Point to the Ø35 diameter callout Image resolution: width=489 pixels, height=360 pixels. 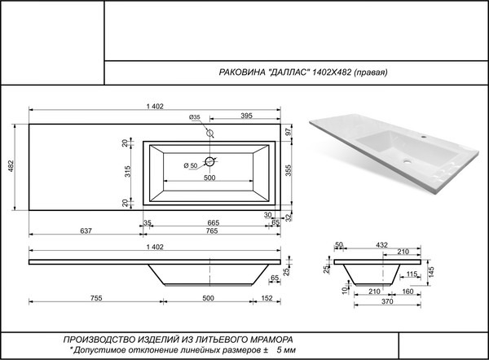(x=194, y=117)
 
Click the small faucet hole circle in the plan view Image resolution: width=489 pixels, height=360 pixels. (x=209, y=133)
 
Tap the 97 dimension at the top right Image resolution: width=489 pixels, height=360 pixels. (x=288, y=132)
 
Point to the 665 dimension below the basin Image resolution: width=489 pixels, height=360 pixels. (x=213, y=222)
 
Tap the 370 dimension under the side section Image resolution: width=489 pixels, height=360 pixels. (x=378, y=302)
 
